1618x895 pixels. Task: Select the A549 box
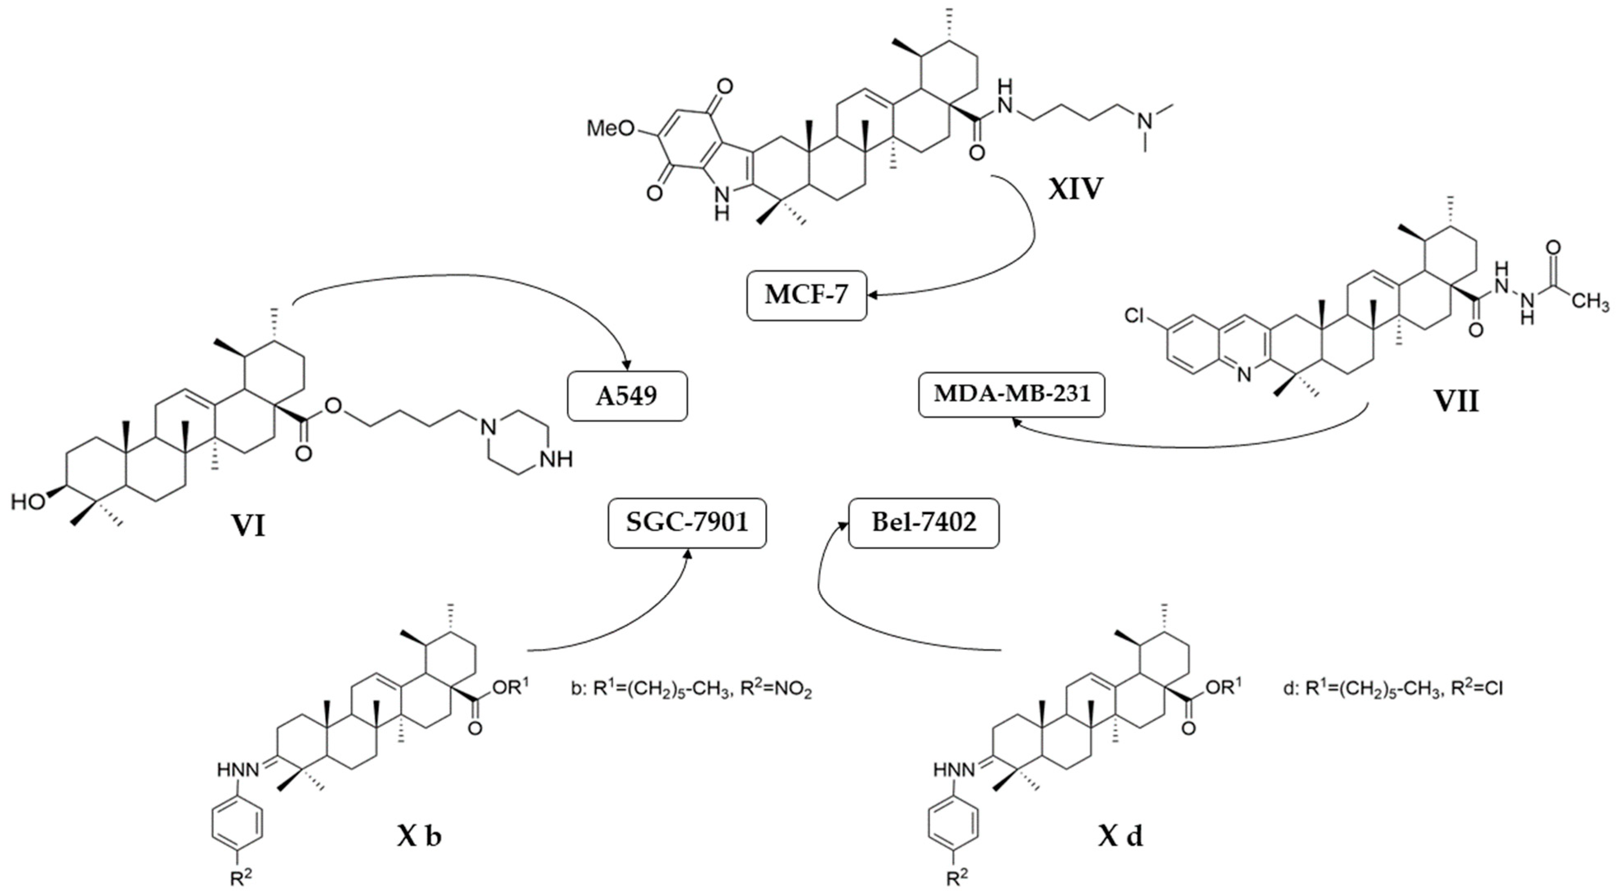coord(627,396)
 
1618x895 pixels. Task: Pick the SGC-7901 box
coord(687,523)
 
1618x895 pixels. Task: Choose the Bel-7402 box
coord(923,523)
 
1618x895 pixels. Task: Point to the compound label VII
coord(1456,401)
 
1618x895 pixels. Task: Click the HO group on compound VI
coord(28,501)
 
